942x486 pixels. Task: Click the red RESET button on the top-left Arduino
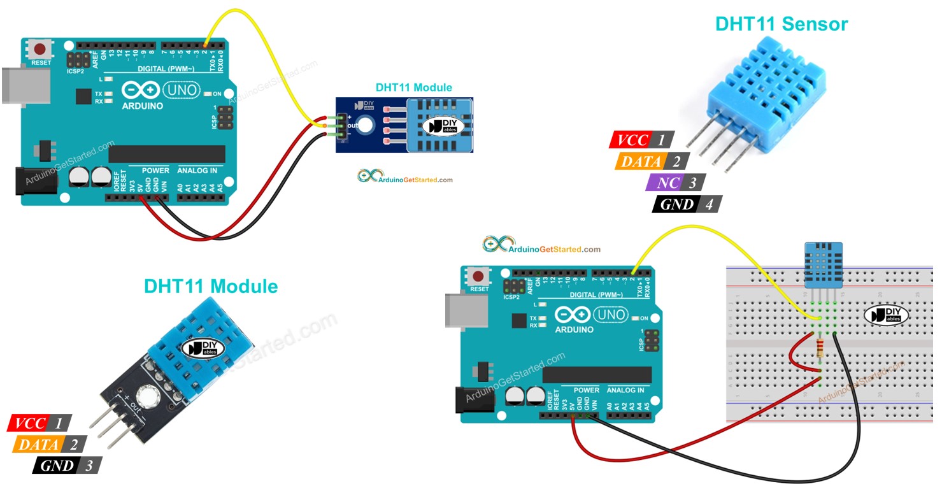41,49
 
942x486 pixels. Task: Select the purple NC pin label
667,183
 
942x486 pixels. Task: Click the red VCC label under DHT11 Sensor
633,140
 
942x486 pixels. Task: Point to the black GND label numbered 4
676,204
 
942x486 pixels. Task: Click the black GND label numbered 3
57,466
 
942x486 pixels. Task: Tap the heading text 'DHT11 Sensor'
781,24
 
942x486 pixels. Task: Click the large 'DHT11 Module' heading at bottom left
211,286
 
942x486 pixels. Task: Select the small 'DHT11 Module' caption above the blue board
413,88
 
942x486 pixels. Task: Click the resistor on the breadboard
819,349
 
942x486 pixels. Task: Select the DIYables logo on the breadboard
887,314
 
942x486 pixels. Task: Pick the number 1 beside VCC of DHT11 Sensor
660,140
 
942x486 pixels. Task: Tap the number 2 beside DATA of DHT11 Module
73,445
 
